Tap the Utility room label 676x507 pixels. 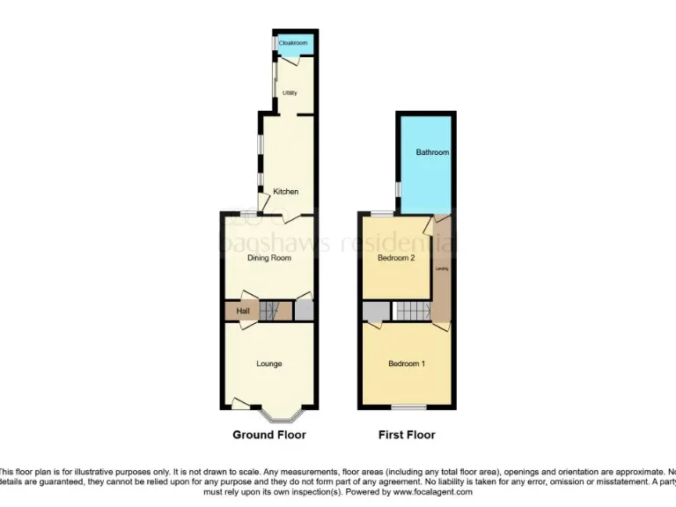pyautogui.click(x=289, y=92)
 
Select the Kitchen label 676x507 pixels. pyautogui.click(x=285, y=192)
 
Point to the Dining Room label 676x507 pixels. pyautogui.click(x=268, y=258)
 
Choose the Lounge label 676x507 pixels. pyautogui.click(x=268, y=364)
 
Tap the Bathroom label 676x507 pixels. pyautogui.click(x=432, y=152)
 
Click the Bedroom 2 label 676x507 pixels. pyautogui.click(x=395, y=259)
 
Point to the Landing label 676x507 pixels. pyautogui.click(x=442, y=268)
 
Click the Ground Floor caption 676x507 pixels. pyautogui.click(x=269, y=435)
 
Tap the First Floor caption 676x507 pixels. pyautogui.click(x=407, y=435)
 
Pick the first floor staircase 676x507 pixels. pyautogui.click(x=411, y=311)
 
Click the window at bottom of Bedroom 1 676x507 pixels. pyautogui.click(x=407, y=407)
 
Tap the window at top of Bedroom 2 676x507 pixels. pyautogui.click(x=383, y=214)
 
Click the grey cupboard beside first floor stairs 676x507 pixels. pyautogui.click(x=376, y=311)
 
